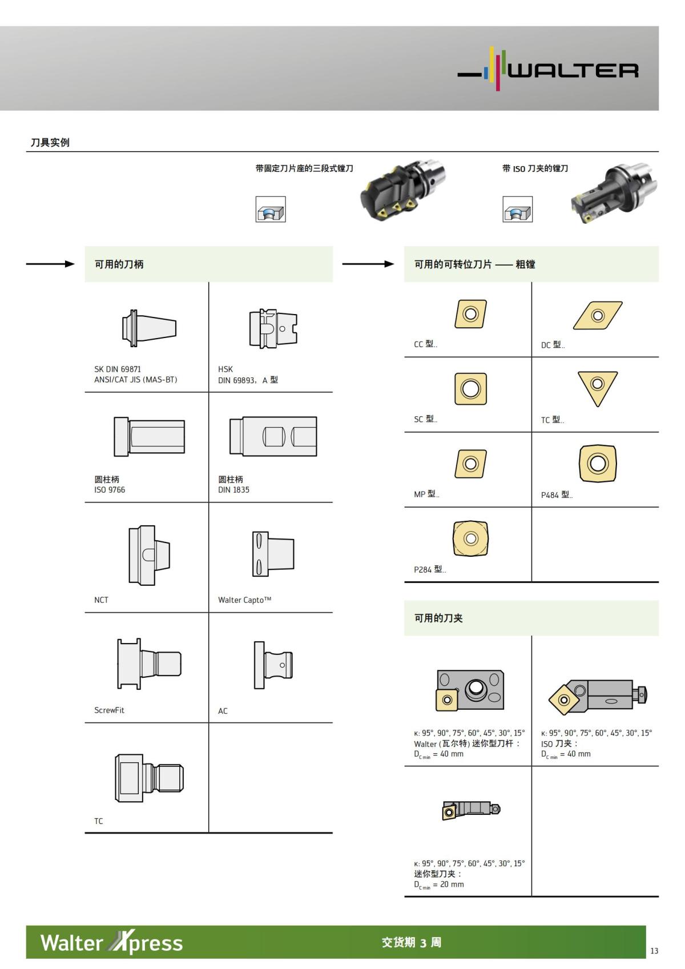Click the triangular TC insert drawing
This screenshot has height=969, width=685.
click(x=597, y=388)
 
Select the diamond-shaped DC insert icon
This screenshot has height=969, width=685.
click(x=597, y=315)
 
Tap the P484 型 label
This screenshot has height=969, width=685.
click(x=557, y=494)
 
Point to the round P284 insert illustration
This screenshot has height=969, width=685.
click(x=470, y=538)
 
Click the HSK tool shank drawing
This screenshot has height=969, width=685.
click(x=273, y=328)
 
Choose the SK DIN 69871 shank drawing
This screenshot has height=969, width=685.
click(x=149, y=328)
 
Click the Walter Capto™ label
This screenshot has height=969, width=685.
click(x=244, y=600)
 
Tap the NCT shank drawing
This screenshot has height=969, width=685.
click(x=148, y=555)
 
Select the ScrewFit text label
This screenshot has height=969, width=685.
click(x=109, y=710)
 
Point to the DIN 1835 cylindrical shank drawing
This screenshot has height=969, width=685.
click(x=273, y=436)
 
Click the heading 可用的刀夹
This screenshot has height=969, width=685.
click(x=438, y=618)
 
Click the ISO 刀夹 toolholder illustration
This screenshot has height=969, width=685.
click(x=597, y=695)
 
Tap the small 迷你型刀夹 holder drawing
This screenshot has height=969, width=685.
click(x=470, y=810)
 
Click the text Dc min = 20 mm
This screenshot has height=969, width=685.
click(x=439, y=884)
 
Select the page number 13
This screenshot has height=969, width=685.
click(x=654, y=951)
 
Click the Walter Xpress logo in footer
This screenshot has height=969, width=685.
click(x=111, y=942)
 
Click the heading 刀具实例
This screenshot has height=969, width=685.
click(x=50, y=142)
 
